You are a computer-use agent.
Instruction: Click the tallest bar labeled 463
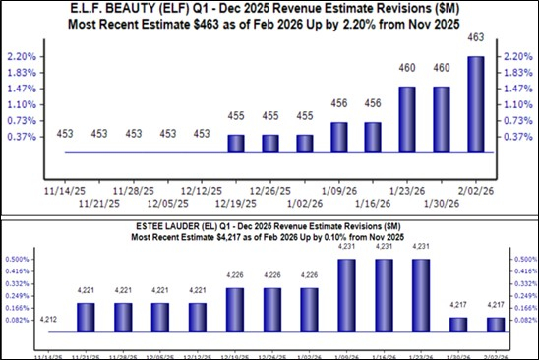tap(477, 104)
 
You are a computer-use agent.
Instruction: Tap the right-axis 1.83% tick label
tap(518, 72)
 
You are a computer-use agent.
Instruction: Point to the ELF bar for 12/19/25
tap(236, 144)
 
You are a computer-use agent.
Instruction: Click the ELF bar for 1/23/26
tap(408, 119)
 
